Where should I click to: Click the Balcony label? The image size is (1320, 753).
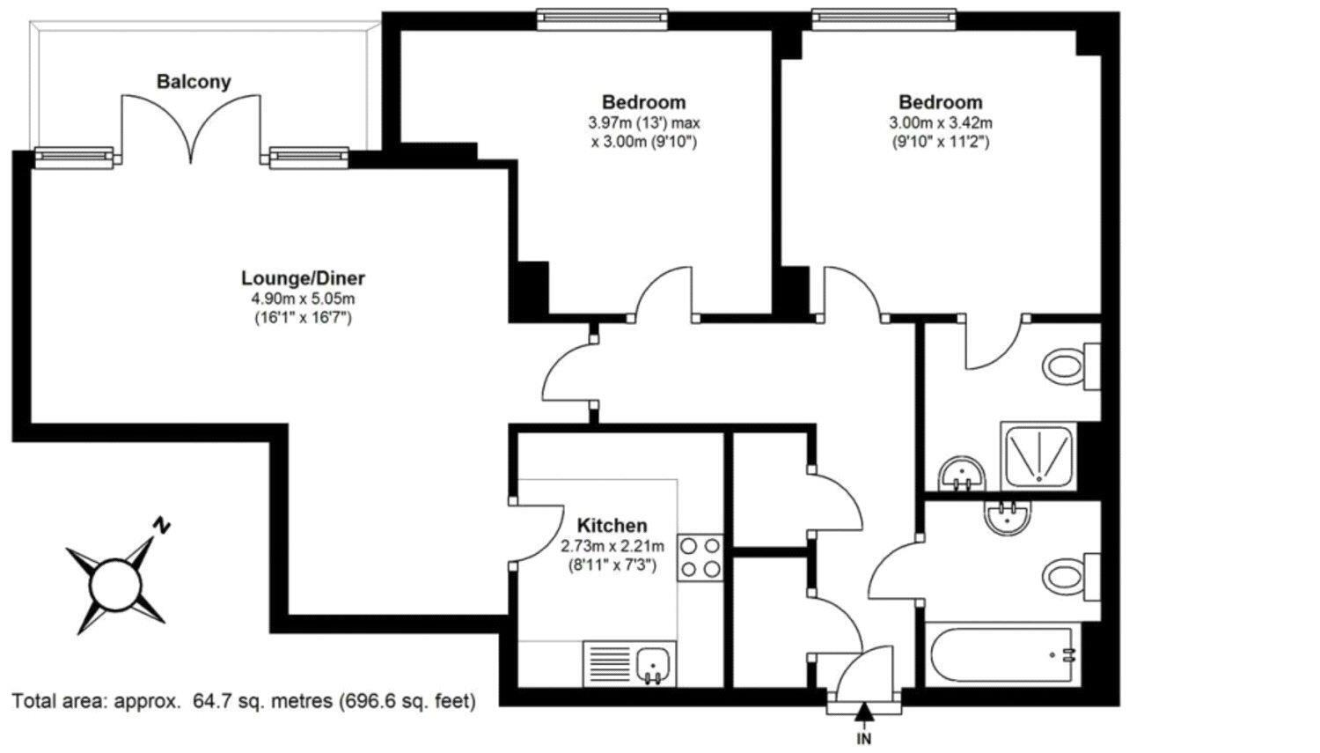coord(194,82)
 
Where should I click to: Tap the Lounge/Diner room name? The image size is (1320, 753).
coord(303,277)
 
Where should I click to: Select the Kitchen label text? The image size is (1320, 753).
coord(612,525)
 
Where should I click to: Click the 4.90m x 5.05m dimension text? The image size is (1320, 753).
coord(303,299)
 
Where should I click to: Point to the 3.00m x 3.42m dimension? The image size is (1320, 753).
coord(941,122)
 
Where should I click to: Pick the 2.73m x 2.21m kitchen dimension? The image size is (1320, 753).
coord(612,546)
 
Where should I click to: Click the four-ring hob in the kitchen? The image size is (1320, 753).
coord(700,557)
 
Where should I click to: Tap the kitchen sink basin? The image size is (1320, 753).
coord(653,667)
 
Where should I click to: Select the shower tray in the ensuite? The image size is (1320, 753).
coord(1038,455)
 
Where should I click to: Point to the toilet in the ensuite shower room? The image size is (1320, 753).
coord(1071,366)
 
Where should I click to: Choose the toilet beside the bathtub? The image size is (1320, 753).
coord(1071,576)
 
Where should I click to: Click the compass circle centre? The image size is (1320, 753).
coord(115,587)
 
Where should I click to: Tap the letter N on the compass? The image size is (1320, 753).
coord(161,524)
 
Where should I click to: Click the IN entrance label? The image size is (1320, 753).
coord(864,738)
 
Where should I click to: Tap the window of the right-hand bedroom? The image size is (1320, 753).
coord(884,19)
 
